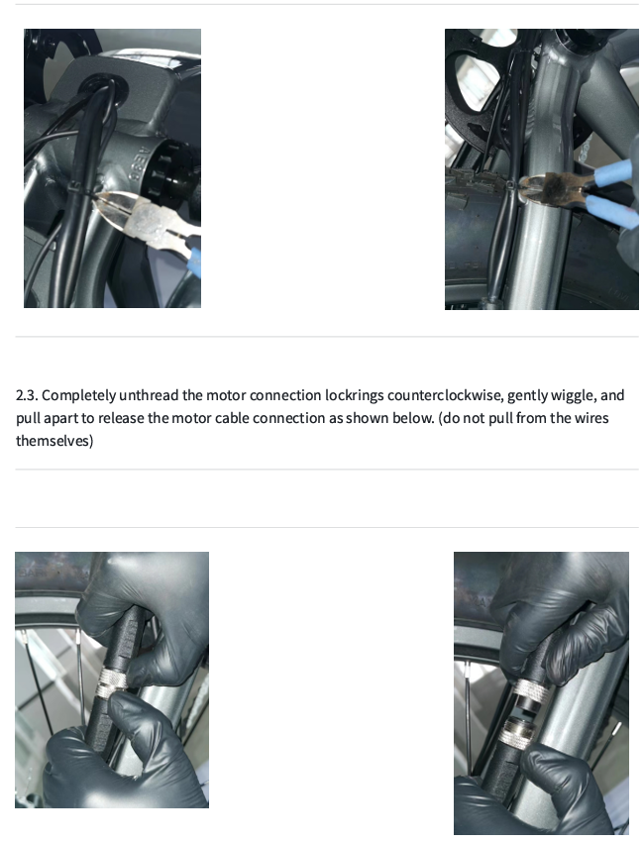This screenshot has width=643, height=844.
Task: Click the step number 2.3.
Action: [x=27, y=395]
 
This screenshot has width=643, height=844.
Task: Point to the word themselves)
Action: [x=54, y=441]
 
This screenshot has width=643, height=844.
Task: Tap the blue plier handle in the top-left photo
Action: [x=194, y=262]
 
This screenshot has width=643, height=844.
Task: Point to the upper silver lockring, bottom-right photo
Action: [x=529, y=690]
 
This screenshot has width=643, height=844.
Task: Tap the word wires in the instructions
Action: [x=591, y=418]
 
